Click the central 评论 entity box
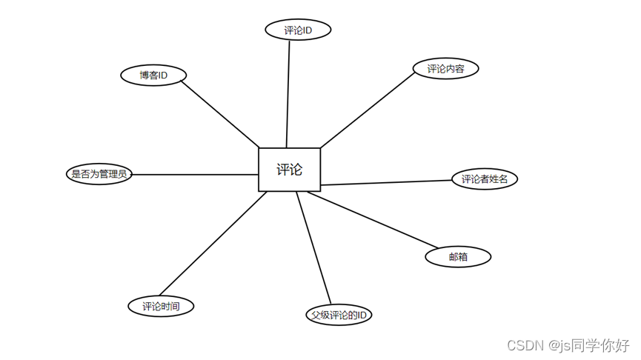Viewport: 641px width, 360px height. (289, 170)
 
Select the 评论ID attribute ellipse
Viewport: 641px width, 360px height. (298, 30)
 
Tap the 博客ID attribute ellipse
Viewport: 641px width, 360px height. (153, 75)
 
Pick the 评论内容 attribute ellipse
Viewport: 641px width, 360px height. (445, 69)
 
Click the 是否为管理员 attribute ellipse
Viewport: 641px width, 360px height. (99, 175)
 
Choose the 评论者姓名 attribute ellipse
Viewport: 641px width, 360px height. (485, 179)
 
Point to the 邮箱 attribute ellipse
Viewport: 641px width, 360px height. (458, 257)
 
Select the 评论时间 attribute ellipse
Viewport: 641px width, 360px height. (161, 306)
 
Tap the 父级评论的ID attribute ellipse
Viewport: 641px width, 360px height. (339, 315)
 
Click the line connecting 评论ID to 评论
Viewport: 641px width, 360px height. (288, 93)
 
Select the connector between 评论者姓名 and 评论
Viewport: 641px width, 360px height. (386, 182)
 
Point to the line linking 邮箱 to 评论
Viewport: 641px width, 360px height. (374, 219)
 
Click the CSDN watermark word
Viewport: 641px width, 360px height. (522, 345)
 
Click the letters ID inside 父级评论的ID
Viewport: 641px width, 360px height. (361, 315)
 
